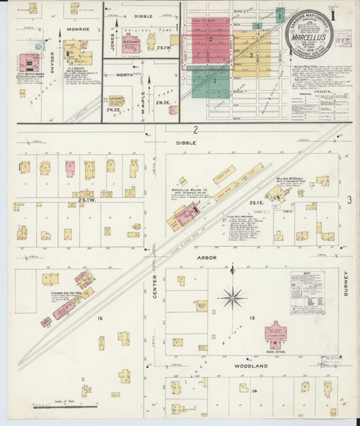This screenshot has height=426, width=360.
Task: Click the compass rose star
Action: [x=233, y=295]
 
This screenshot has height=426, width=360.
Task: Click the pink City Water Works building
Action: [x=30, y=63]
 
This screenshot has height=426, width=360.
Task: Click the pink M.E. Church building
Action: [x=132, y=43]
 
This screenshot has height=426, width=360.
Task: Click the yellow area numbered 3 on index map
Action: [x=251, y=55]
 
